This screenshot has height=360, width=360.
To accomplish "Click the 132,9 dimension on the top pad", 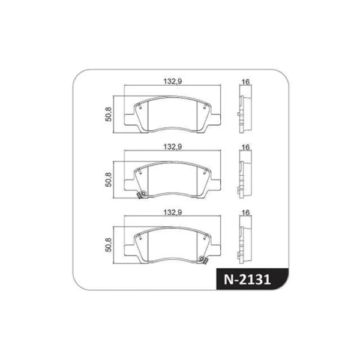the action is click(x=172, y=82).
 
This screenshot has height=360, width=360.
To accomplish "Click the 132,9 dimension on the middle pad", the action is click(x=172, y=147).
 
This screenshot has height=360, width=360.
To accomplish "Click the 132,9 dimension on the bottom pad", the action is click(x=172, y=212).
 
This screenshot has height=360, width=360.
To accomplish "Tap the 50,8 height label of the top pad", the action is click(x=109, y=114).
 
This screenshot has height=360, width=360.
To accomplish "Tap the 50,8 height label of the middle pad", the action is click(x=109, y=179).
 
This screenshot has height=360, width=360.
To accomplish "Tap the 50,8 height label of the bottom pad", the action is click(x=109, y=245).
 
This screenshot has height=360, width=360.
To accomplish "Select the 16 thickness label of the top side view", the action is click(x=245, y=82).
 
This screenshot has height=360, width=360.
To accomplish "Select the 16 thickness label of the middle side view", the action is click(x=245, y=147).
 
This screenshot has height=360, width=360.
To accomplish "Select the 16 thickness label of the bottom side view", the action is click(x=245, y=212).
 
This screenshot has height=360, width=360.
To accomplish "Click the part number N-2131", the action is click(x=247, y=280).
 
